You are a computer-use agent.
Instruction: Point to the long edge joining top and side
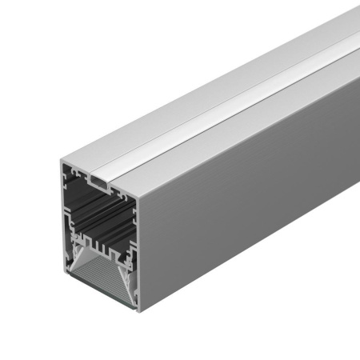(x=256, y=120)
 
